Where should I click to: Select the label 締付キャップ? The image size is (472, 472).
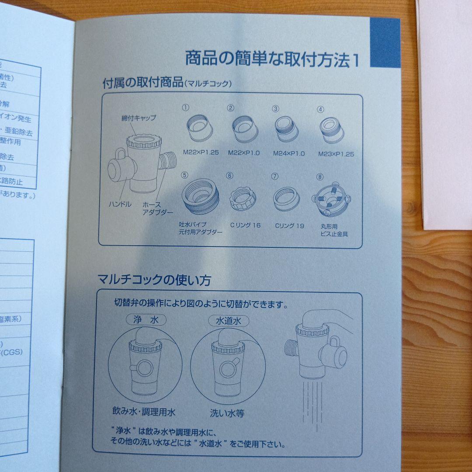[139, 118]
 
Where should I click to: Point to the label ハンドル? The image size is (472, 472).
[120, 204]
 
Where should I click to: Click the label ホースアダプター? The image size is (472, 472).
[157, 208]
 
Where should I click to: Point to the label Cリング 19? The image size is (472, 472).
[289, 226]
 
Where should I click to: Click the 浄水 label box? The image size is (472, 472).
[146, 320]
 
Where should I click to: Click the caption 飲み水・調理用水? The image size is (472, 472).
[143, 412]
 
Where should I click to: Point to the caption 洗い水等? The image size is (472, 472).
[227, 412]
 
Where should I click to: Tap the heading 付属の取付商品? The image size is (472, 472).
[142, 82]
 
